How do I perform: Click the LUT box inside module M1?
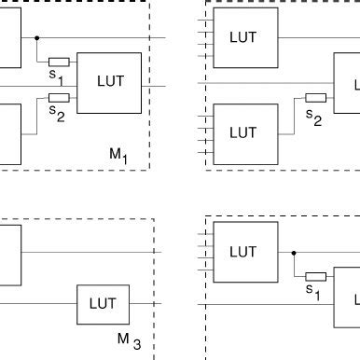109,83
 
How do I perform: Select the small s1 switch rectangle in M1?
59,62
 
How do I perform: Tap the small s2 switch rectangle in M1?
59,97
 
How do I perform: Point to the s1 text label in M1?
56,74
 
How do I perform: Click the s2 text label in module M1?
56,110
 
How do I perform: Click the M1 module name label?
118,155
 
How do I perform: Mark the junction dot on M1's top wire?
36,37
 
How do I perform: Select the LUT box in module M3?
102,304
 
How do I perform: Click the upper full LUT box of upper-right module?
242,37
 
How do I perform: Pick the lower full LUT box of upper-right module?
242,132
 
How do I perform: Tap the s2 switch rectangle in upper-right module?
315,97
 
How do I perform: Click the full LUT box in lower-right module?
242,252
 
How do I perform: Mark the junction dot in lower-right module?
294,252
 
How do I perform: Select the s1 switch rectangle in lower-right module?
315,276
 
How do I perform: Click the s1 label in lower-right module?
313,290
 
